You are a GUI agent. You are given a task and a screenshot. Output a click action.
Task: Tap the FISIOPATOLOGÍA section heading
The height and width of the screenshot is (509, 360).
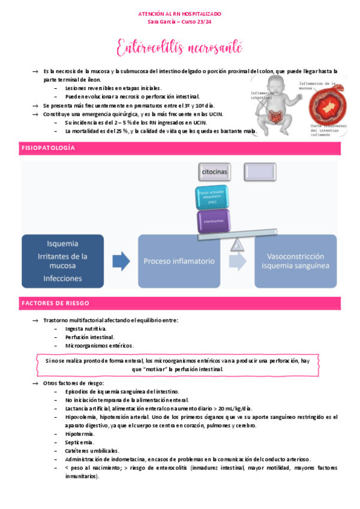(x=47, y=148)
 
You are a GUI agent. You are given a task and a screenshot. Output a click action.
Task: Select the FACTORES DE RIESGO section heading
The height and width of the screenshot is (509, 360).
(x=55, y=303)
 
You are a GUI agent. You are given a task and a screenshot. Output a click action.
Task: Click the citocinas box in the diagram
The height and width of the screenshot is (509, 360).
(x=214, y=172)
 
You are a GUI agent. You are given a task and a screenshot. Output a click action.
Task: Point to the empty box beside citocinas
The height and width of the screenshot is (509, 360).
(x=260, y=172)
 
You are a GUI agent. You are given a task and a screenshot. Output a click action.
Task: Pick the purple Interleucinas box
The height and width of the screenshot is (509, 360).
(x=212, y=221)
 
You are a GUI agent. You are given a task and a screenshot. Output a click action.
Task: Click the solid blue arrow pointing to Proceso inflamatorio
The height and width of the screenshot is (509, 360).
(x=122, y=261)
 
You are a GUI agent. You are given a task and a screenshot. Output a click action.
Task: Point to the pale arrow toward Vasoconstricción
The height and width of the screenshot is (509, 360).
(x=238, y=261)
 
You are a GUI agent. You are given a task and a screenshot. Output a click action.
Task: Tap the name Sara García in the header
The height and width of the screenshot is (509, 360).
(x=161, y=22)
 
